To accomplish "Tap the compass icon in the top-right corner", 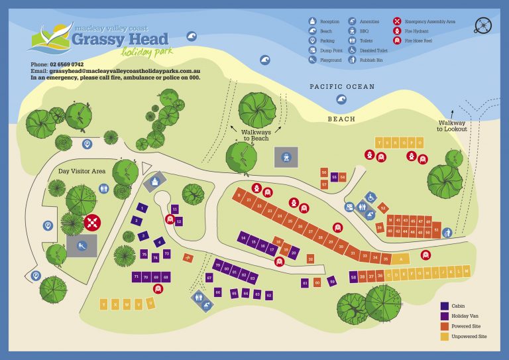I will pyautogui.click(x=483, y=26).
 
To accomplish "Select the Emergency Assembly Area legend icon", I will pyautogui.click(x=397, y=21).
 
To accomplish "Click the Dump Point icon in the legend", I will pyautogui.click(x=312, y=50).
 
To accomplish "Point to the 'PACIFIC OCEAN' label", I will pyautogui.click(x=342, y=87).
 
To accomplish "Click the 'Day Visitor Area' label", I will pyautogui.click(x=82, y=171).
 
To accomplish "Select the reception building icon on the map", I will pyautogui.click(x=156, y=180).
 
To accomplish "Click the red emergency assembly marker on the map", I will pyautogui.click(x=92, y=222).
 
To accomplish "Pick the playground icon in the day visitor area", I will pyautogui.click(x=81, y=246).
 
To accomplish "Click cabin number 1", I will pyautogui.click(x=142, y=208).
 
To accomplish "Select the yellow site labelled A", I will pyautogui.click(x=400, y=259).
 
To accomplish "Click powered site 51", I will pyautogui.click(x=436, y=231).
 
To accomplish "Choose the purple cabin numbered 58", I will pyautogui.click(x=354, y=276).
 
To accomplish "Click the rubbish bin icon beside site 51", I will pyautogui.click(x=447, y=233).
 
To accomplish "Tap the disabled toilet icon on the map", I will pyautogui.click(x=370, y=197).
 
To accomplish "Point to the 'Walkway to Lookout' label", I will pyautogui.click(x=452, y=126).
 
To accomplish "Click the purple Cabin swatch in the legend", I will pyautogui.click(x=444, y=306).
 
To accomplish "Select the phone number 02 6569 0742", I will pyautogui.click(x=66, y=64).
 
